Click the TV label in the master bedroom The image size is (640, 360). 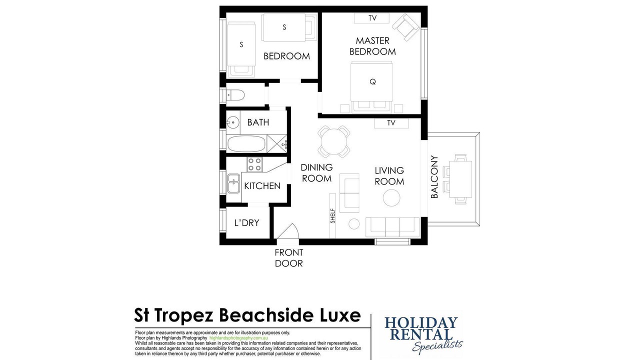[x=372, y=18]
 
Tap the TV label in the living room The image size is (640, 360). [x=391, y=123]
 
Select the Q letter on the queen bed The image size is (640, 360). [x=372, y=82]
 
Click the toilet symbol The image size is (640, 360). [x=235, y=95]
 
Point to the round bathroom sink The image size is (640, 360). [x=233, y=122]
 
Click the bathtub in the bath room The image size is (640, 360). [x=246, y=143]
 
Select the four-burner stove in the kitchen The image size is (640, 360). [x=254, y=164]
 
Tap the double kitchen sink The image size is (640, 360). [x=233, y=183]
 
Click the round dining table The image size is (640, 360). [x=333, y=141]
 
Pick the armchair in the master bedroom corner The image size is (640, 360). [x=405, y=27]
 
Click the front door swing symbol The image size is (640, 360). [x=287, y=231]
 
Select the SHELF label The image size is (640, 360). [x=332, y=216]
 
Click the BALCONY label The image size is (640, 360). [x=434, y=177]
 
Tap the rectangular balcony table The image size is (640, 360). [x=460, y=179]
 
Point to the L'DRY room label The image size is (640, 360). [x=246, y=223]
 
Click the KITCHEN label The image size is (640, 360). [x=262, y=186]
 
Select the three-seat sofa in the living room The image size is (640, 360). [x=392, y=227]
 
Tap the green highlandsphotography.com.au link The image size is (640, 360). [x=238, y=338]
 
